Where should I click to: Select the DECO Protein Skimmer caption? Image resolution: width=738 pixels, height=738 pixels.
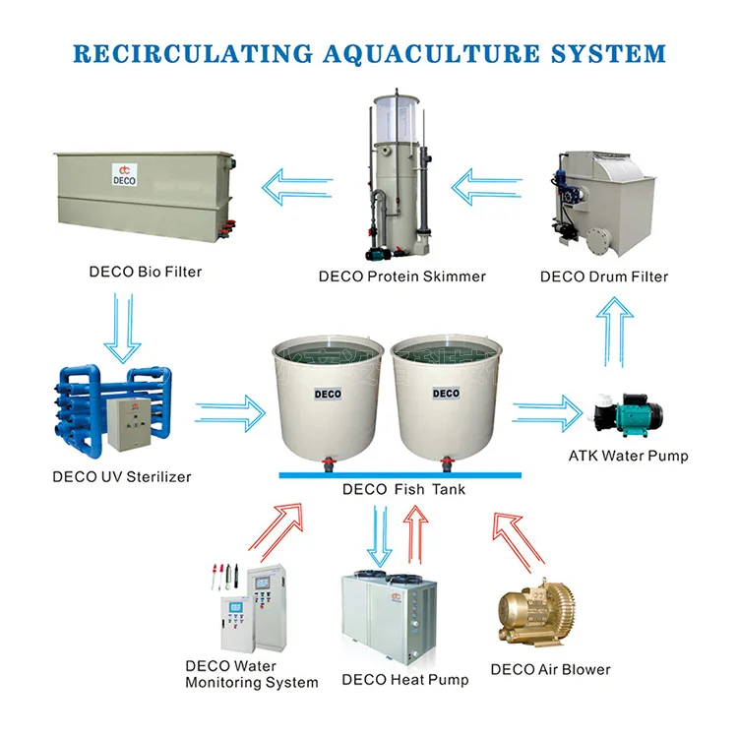(401, 277)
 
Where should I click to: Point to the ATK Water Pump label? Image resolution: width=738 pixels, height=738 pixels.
(628, 456)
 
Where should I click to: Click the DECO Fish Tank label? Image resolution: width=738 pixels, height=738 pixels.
(402, 489)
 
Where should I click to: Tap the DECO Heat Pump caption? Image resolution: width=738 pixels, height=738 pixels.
(404, 679)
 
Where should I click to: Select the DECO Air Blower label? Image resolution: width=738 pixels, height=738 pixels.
(550, 669)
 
